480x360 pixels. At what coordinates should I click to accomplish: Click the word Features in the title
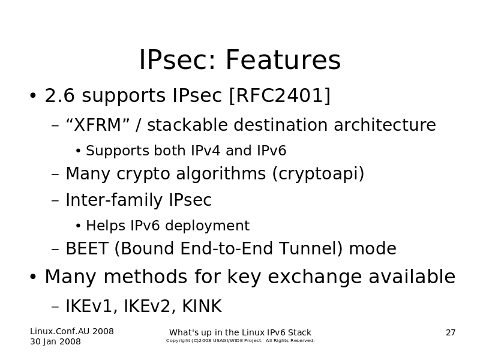pos(283,59)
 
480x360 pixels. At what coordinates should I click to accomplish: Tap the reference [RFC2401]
pos(280,95)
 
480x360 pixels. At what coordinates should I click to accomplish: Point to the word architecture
pos(385,125)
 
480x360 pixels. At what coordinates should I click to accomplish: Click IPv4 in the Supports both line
pos(205,151)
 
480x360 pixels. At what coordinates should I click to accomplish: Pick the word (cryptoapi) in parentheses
pos(318,174)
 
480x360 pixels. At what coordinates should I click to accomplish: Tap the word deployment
pos(207,226)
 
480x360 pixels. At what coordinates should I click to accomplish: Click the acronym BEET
pos(87,248)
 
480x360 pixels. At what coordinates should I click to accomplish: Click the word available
pos(412,277)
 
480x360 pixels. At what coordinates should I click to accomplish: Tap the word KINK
pos(202,306)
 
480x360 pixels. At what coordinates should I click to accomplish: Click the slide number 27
pos(451,333)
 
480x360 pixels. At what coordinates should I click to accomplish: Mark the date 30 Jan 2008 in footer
pos(55,341)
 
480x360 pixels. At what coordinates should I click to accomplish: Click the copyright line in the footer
pos(241,341)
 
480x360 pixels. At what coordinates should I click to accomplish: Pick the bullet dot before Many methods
pos(33,277)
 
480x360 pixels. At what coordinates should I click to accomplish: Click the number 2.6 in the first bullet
pos(59,95)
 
